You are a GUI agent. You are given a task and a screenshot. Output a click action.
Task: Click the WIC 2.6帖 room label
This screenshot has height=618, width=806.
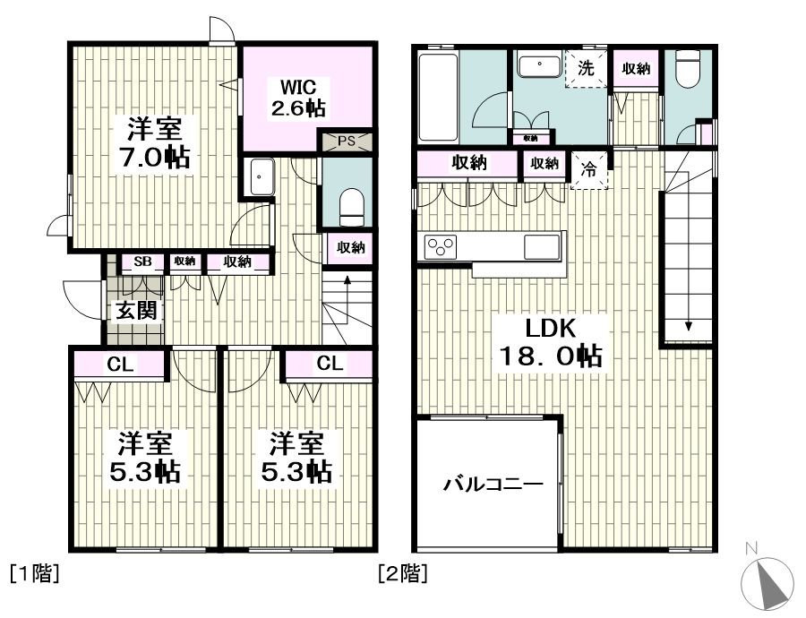click(297, 97)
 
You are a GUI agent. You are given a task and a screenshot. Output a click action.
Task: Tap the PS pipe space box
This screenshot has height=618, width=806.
click(347, 141)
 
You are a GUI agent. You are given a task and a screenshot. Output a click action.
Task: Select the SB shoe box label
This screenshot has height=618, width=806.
click(143, 262)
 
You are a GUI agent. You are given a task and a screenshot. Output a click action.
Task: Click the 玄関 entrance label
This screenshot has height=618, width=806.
click(135, 311)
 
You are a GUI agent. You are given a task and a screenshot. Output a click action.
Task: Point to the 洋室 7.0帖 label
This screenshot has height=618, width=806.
click(155, 143)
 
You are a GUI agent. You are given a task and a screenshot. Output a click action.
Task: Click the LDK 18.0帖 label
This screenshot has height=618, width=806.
click(550, 342)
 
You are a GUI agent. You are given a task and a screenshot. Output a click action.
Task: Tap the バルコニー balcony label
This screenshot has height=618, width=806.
click(493, 485)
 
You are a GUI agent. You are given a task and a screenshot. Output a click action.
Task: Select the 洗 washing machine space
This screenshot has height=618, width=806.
click(586, 69)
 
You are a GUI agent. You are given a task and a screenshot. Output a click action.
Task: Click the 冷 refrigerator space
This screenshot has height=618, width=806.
click(589, 169)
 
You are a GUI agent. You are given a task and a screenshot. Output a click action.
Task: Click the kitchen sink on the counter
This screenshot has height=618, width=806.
click(541, 247)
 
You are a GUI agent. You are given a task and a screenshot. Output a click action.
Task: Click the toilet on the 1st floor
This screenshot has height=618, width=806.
click(352, 207)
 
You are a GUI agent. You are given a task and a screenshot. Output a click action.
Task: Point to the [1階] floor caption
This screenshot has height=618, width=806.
click(34, 573)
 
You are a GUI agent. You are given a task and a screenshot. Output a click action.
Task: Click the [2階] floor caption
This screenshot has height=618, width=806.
click(402, 573)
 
